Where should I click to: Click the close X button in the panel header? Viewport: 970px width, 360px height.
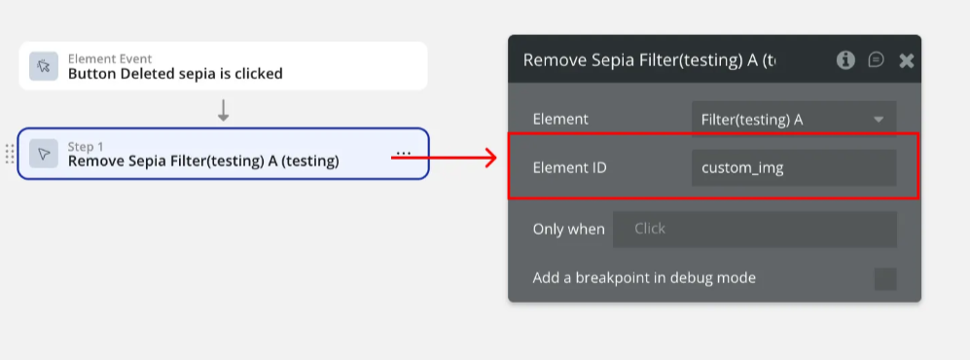pyautogui.click(x=907, y=60)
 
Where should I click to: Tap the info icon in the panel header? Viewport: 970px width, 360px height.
pyautogui.click(x=845, y=60)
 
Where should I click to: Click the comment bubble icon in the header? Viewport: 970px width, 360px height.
pyautogui.click(x=876, y=59)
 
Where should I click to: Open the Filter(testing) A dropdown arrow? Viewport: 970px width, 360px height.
pyautogui.click(x=879, y=120)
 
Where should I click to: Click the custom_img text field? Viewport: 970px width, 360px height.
pyautogui.click(x=794, y=167)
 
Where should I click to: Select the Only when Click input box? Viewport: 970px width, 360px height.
pyautogui.click(x=755, y=229)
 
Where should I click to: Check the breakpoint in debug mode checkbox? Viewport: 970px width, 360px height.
pyautogui.click(x=885, y=279)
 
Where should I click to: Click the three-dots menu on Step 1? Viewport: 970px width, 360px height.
pyautogui.click(x=404, y=153)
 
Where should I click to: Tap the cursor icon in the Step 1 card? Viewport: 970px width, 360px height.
pyautogui.click(x=44, y=154)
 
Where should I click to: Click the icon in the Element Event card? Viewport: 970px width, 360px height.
pyautogui.click(x=44, y=66)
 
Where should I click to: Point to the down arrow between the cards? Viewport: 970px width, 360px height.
pyautogui.click(x=224, y=110)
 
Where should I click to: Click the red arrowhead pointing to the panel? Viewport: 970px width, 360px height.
pyautogui.click(x=490, y=158)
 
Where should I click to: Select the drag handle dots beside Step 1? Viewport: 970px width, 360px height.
pyautogui.click(x=10, y=154)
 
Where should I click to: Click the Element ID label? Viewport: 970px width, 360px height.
pyautogui.click(x=570, y=167)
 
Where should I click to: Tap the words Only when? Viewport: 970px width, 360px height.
pyautogui.click(x=568, y=229)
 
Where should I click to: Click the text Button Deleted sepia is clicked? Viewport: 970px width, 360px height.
pyautogui.click(x=175, y=74)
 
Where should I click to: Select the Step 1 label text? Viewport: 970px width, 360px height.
pyautogui.click(x=86, y=147)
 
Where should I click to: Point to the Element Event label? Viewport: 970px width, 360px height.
pyautogui.click(x=110, y=59)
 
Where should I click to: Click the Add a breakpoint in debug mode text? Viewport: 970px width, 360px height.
pyautogui.click(x=644, y=278)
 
